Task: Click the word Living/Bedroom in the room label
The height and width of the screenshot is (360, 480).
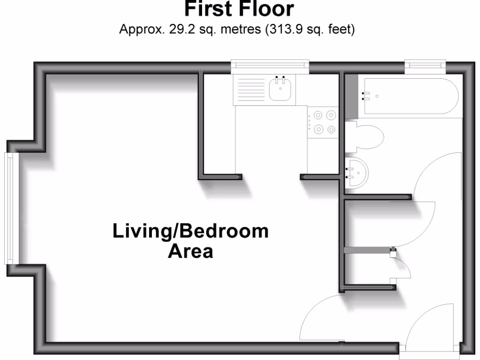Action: click(190, 232)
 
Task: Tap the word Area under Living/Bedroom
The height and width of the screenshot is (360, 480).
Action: click(190, 252)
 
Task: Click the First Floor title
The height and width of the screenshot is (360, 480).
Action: click(240, 8)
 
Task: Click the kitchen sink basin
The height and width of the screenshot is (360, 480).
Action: click(281, 89)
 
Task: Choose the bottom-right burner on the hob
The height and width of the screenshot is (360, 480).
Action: click(331, 129)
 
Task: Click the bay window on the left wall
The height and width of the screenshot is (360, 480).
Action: click(10, 208)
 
